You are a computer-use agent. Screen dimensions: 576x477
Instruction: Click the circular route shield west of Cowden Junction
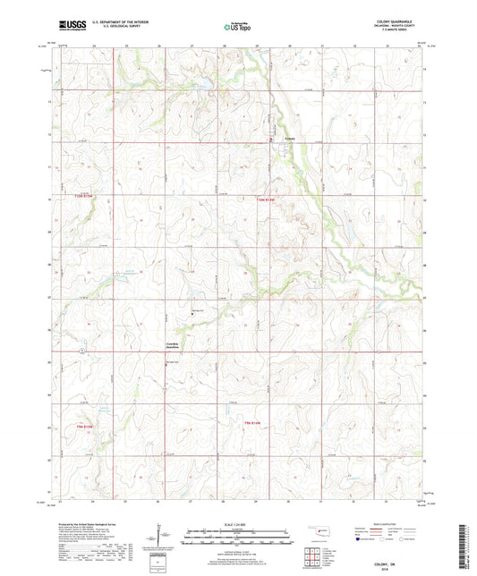[x=81, y=352]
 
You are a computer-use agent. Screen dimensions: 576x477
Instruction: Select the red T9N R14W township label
[x=257, y=422]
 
